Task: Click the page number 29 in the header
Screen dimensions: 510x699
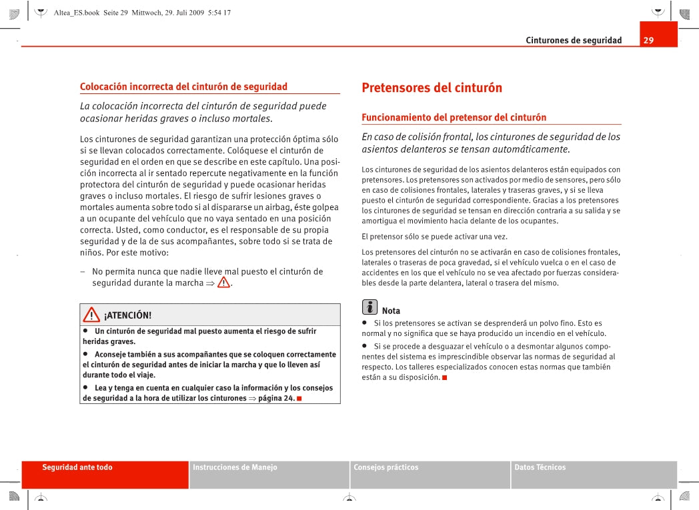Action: point(649,41)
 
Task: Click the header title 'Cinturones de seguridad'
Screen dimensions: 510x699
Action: point(574,41)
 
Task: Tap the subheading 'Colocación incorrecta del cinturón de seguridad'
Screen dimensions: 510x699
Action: point(183,87)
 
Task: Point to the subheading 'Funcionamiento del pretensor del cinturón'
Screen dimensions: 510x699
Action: point(454,117)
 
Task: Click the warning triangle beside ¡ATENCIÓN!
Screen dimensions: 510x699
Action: point(91,315)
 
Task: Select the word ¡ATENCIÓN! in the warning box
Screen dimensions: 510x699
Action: point(127,315)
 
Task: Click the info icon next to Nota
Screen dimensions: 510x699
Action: point(370,307)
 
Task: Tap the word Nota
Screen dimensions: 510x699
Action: point(391,311)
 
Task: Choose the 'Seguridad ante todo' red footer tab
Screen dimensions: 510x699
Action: point(77,467)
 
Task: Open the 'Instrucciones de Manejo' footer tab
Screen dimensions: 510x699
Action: point(235,467)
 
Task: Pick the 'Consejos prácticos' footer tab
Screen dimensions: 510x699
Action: point(386,467)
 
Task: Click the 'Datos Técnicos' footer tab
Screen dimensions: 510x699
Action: point(540,467)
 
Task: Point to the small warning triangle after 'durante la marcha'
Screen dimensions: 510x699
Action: point(223,282)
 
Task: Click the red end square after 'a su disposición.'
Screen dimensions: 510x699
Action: point(444,378)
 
